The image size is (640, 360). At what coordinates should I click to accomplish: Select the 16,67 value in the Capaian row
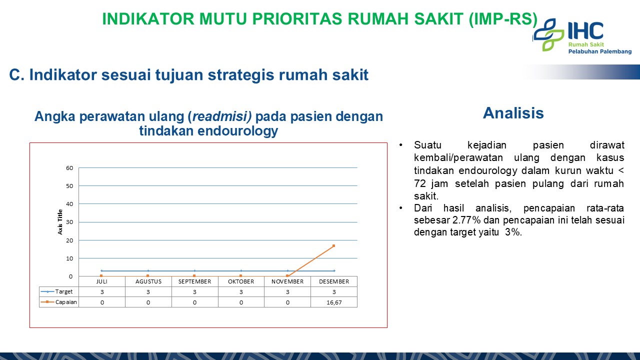pyautogui.click(x=334, y=302)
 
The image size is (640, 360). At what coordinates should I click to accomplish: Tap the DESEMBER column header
pyautogui.click(x=334, y=281)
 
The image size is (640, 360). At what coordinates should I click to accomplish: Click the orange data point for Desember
pyautogui.click(x=333, y=245)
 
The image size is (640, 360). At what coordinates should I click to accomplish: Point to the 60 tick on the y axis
pyautogui.click(x=69, y=167)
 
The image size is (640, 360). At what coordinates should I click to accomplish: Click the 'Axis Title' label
pyautogui.click(x=60, y=222)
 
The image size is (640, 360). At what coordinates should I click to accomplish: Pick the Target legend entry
pyautogui.click(x=57, y=291)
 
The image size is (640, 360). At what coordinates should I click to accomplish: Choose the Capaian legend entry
pyautogui.click(x=59, y=302)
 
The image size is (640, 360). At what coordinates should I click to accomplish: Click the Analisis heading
pyautogui.click(x=513, y=113)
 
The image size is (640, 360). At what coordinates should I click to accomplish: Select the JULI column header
pyautogui.click(x=102, y=281)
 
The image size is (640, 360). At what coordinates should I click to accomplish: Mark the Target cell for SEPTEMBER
pyautogui.click(x=194, y=292)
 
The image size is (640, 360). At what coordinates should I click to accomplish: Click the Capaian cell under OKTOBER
pyautogui.click(x=241, y=302)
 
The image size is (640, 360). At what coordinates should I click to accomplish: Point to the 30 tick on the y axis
pyautogui.click(x=69, y=222)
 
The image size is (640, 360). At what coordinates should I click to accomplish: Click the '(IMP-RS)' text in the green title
pyautogui.click(x=503, y=19)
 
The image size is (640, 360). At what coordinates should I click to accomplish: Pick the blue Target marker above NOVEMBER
pyautogui.click(x=287, y=270)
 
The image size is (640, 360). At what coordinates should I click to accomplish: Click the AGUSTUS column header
pyautogui.click(x=148, y=281)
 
